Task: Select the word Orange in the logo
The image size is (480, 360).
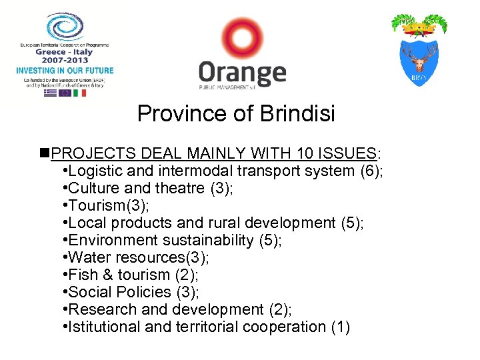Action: click(x=242, y=73)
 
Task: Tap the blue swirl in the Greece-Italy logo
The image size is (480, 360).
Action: click(x=65, y=27)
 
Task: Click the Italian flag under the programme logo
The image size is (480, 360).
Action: click(x=80, y=93)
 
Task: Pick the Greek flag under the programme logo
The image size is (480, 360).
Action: click(x=50, y=93)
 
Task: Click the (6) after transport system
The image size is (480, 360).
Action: click(x=371, y=171)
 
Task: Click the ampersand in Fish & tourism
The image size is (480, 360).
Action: click(x=106, y=275)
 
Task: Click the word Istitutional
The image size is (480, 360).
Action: click(x=104, y=327)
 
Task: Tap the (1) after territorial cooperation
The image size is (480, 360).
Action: click(x=339, y=327)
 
